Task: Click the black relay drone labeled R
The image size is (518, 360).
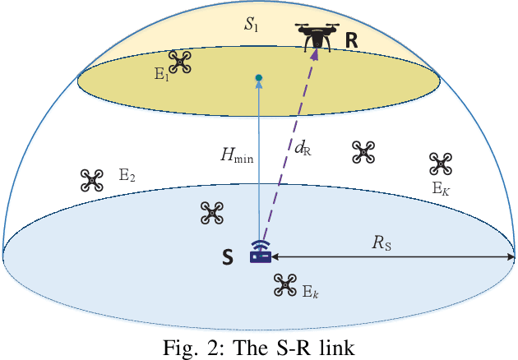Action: click(316, 37)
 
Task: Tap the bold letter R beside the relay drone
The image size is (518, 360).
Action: click(351, 38)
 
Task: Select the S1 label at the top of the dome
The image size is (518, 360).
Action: click(250, 25)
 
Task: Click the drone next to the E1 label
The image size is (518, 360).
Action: click(179, 61)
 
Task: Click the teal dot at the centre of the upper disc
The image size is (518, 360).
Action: click(259, 78)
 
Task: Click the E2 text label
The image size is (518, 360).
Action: click(127, 174)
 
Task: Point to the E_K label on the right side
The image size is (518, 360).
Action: click(442, 187)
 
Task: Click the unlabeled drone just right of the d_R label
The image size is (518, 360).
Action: click(363, 151)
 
